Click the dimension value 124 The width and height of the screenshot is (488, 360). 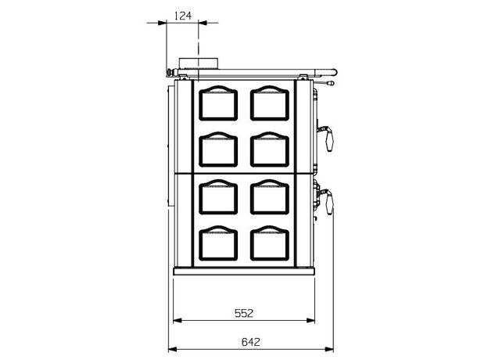183,15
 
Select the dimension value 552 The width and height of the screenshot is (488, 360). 244,313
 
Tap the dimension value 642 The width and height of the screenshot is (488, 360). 250,342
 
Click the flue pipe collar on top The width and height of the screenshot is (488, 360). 199,63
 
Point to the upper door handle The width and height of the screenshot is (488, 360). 326,136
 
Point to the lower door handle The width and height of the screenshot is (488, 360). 326,201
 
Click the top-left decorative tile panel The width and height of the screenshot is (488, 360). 218,103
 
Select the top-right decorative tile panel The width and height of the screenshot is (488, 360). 270,103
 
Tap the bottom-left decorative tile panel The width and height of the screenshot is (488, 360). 218,243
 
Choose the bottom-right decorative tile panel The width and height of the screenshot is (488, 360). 270,243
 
